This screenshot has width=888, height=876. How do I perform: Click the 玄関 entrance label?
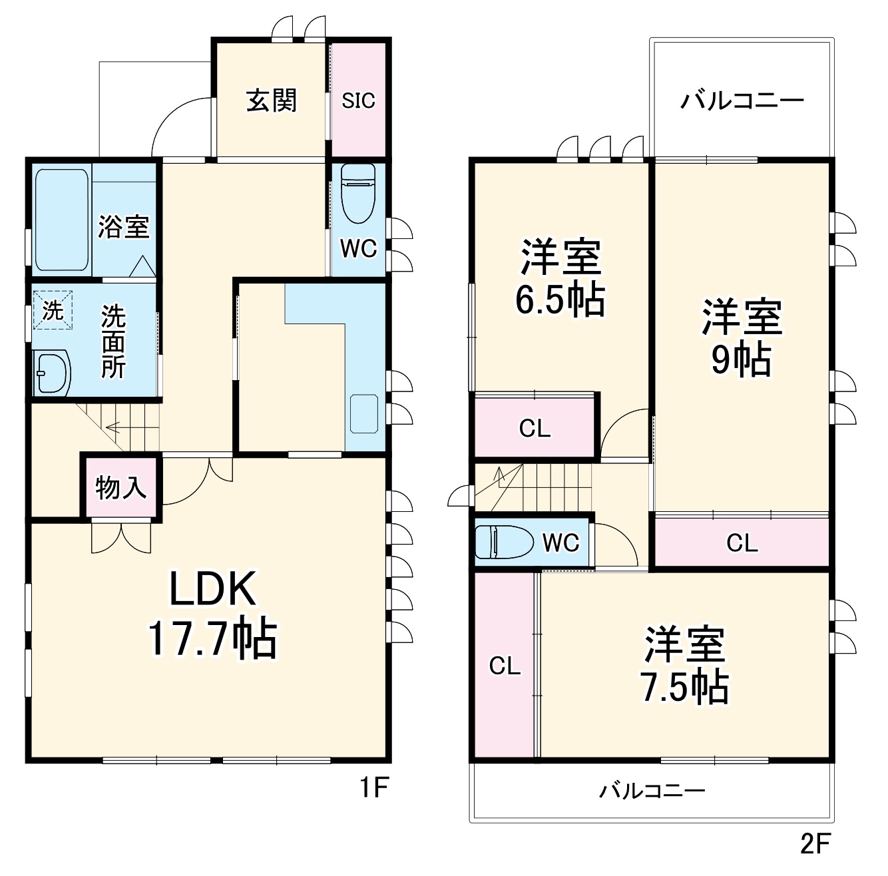pos(272,101)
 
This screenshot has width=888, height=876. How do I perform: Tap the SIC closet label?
pos(358,101)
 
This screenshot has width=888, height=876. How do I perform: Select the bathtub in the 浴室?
pos(61,220)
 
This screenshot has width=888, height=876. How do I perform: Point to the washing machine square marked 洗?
pos(53,310)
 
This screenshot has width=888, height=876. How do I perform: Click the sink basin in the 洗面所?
pos(52,373)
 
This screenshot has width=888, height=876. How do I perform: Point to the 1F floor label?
pos(374,788)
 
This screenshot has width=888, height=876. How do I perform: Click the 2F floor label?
pos(815,843)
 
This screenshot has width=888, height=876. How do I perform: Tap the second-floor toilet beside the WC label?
pos(505,543)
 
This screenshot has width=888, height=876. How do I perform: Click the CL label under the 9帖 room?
pos(742,543)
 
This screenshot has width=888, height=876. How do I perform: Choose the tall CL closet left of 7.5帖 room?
pos(505,665)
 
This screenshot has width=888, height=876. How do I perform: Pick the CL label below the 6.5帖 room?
pos(535,429)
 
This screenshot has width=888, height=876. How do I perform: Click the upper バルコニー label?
pos(742,101)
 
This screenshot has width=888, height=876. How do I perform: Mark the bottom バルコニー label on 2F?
pos(652,790)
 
